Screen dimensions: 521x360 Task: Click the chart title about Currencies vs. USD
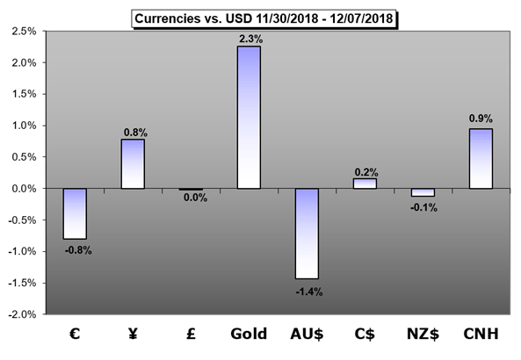click(x=264, y=18)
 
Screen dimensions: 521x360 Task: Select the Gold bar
click(x=249, y=118)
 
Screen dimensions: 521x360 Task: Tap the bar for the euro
click(x=75, y=213)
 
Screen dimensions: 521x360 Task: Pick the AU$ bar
click(x=307, y=234)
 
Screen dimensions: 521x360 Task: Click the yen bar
click(x=133, y=163)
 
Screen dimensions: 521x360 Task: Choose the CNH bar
click(x=481, y=159)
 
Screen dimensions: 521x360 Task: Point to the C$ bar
click(x=365, y=184)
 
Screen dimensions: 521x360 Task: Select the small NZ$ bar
click(x=423, y=192)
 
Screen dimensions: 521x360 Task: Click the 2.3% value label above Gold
click(x=251, y=40)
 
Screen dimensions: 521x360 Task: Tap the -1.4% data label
click(x=309, y=292)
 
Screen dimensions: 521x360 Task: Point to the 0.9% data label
click(x=481, y=119)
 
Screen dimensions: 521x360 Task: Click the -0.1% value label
click(x=423, y=208)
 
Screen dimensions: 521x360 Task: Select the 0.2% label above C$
click(x=366, y=172)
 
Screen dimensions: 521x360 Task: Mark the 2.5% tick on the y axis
click(x=24, y=32)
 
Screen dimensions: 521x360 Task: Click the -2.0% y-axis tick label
click(x=22, y=314)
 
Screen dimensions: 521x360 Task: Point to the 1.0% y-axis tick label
click(x=24, y=126)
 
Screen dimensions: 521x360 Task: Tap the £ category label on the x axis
click(x=191, y=334)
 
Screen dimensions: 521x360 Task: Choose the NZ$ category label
click(x=423, y=334)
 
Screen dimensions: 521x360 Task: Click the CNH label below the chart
click(x=481, y=334)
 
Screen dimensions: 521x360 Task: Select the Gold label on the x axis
click(x=249, y=334)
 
